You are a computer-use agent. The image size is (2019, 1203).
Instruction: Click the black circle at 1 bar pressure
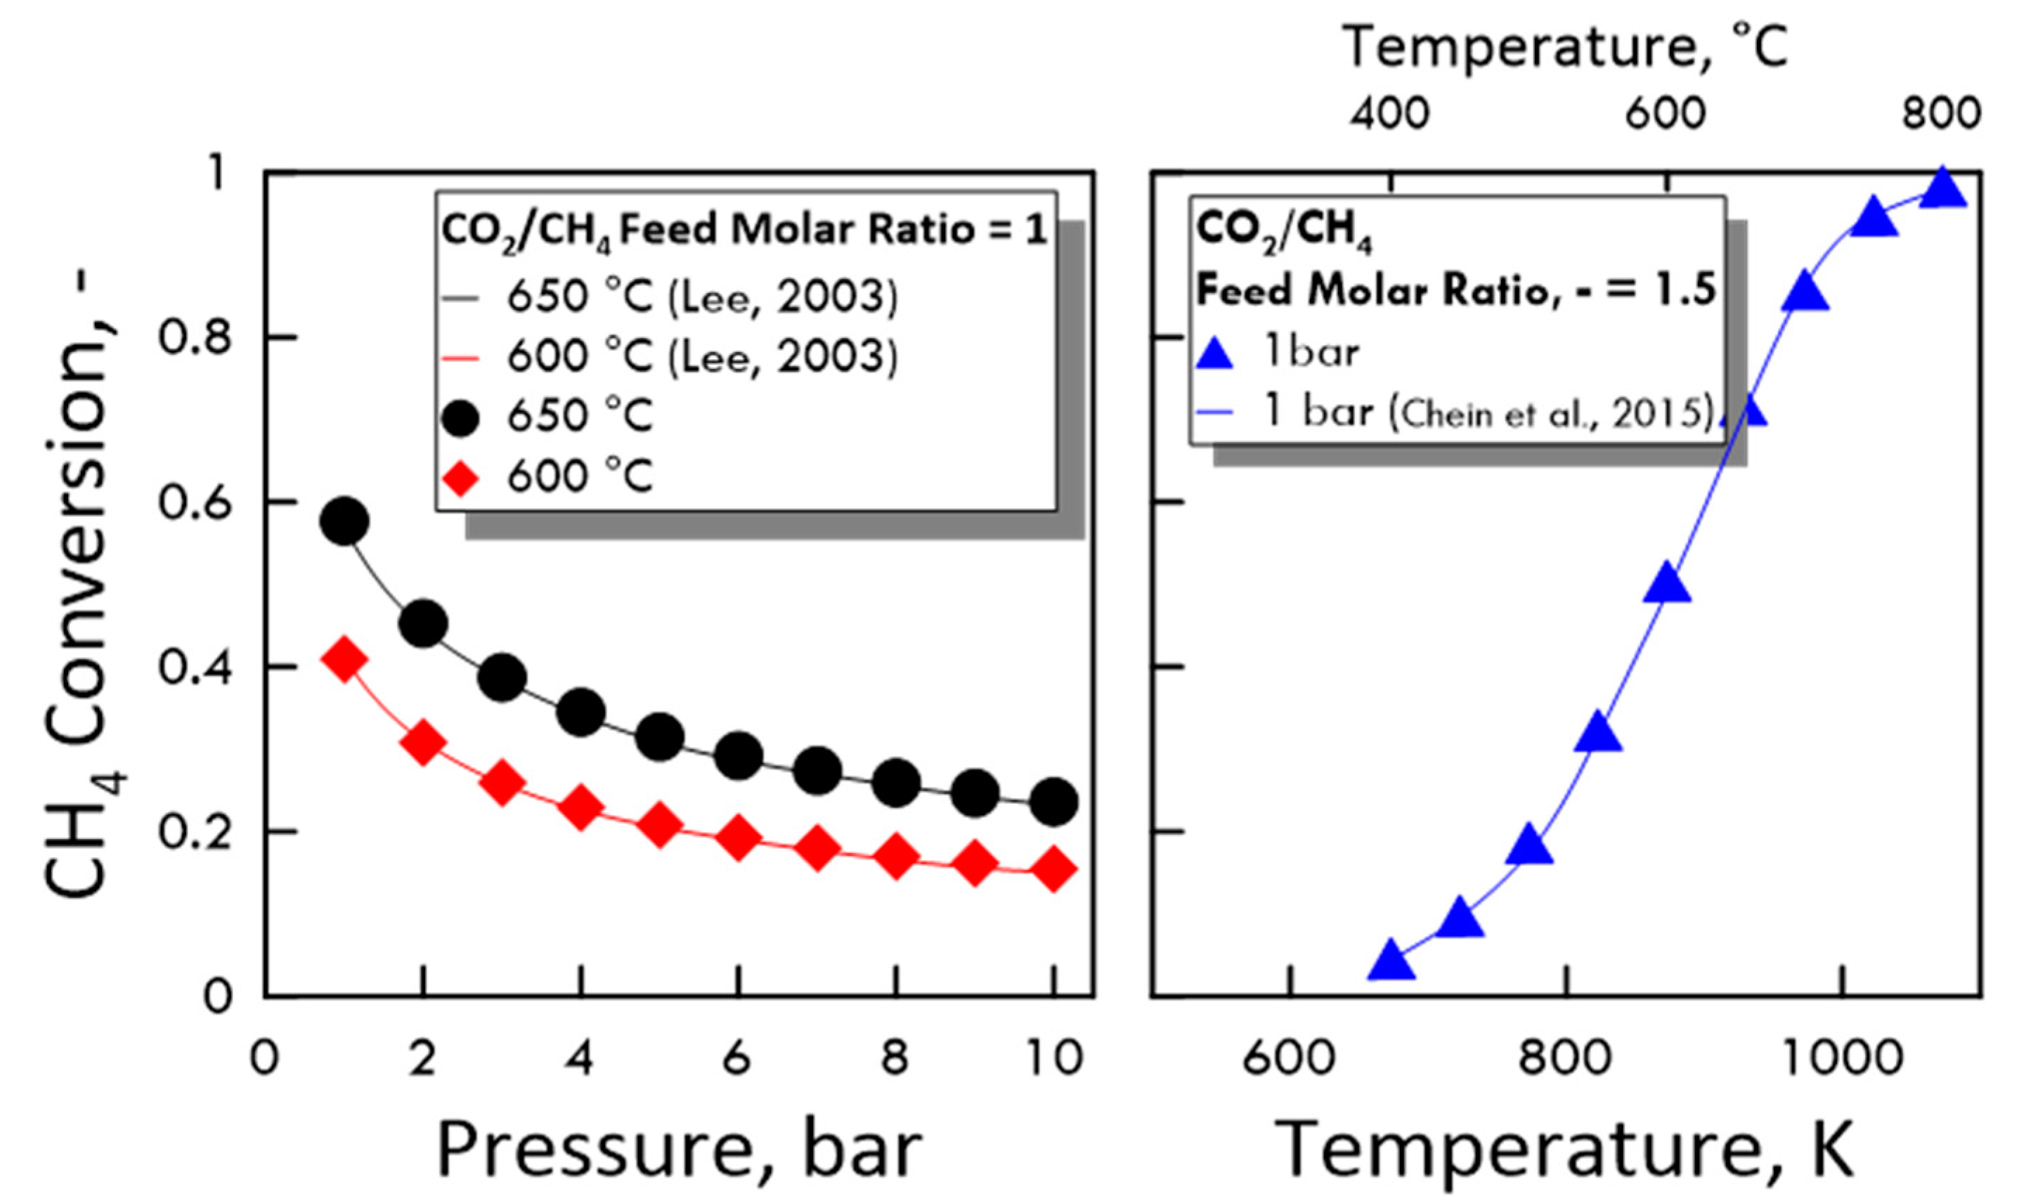click(x=344, y=521)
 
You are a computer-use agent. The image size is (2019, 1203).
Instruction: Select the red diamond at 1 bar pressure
click(x=344, y=660)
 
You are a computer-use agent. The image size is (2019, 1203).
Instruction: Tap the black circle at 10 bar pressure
click(x=1053, y=802)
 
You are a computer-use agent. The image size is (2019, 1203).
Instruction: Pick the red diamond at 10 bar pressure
click(x=1053, y=870)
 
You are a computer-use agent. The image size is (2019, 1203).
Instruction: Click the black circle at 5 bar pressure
click(x=660, y=736)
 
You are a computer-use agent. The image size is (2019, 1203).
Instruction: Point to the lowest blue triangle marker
click(x=1391, y=961)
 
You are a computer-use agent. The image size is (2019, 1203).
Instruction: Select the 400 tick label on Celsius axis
click(x=1389, y=114)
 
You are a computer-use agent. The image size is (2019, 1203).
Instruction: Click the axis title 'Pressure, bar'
click(x=680, y=1149)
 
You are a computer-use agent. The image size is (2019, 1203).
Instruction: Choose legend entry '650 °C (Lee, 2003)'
click(x=702, y=297)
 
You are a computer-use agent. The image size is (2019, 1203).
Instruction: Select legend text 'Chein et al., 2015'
click(x=1550, y=415)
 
